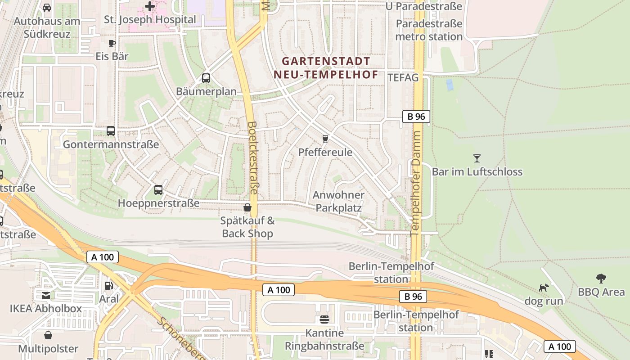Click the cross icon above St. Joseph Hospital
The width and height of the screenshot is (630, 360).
(x=150, y=6)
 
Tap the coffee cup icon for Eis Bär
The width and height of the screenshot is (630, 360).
(x=112, y=43)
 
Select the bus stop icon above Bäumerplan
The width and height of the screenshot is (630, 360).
(x=206, y=78)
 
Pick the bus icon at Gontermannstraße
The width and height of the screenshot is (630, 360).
(x=111, y=131)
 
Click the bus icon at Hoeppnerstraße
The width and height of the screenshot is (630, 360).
(x=158, y=189)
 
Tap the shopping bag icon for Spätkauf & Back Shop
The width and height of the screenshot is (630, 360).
(x=247, y=207)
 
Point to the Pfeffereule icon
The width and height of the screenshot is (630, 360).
(x=325, y=139)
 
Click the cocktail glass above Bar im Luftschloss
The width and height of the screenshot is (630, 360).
(x=477, y=158)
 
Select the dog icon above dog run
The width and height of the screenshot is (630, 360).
(x=544, y=287)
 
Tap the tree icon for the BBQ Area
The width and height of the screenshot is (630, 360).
(x=601, y=278)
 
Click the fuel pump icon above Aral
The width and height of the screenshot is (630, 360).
(x=108, y=285)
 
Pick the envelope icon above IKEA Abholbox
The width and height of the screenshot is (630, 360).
(x=46, y=295)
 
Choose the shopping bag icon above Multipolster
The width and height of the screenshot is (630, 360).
(x=48, y=335)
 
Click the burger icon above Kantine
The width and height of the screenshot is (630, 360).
(x=324, y=319)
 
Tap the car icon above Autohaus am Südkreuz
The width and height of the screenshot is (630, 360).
(x=47, y=8)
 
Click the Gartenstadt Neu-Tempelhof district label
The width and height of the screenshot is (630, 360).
(x=326, y=67)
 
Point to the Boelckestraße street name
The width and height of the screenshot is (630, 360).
(x=252, y=157)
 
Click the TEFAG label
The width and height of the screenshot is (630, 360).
(x=403, y=77)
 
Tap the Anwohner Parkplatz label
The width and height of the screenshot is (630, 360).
(x=338, y=201)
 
